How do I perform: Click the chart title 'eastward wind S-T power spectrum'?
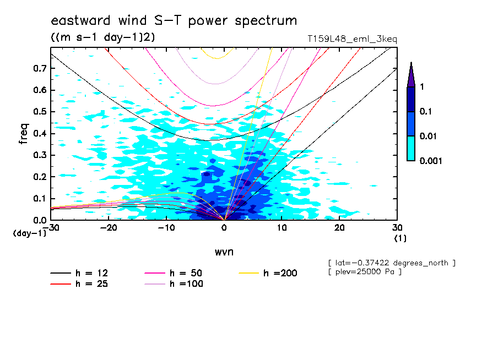coord(174,21)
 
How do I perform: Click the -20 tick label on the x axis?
coord(109,228)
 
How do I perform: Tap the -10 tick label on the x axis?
coord(166,228)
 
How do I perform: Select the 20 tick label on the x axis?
coord(339,228)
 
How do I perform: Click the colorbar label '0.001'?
coord(430,161)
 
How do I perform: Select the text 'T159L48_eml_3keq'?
coord(352,39)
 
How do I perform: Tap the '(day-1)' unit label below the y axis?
coord(29,233)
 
